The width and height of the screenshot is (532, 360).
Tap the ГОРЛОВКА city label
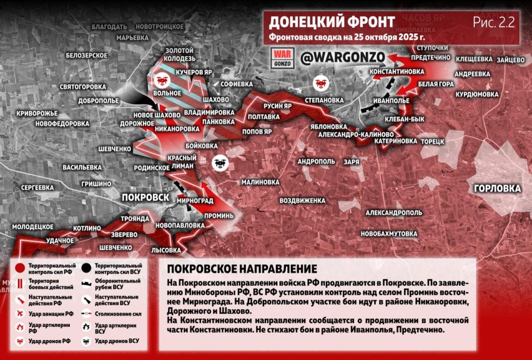point(497,188)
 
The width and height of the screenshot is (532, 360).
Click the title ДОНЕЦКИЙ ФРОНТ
point(332,22)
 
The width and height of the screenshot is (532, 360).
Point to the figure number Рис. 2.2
point(494,22)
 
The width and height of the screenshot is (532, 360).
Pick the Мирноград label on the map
point(196,199)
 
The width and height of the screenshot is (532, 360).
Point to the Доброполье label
point(99,101)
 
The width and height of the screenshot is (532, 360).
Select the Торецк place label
point(433,141)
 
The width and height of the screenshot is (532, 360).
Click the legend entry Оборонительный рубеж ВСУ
point(116,284)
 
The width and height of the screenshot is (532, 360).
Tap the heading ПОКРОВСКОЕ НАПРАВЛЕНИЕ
point(242,269)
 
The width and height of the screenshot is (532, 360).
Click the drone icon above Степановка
point(319,82)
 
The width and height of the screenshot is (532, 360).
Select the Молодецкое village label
point(33,227)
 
